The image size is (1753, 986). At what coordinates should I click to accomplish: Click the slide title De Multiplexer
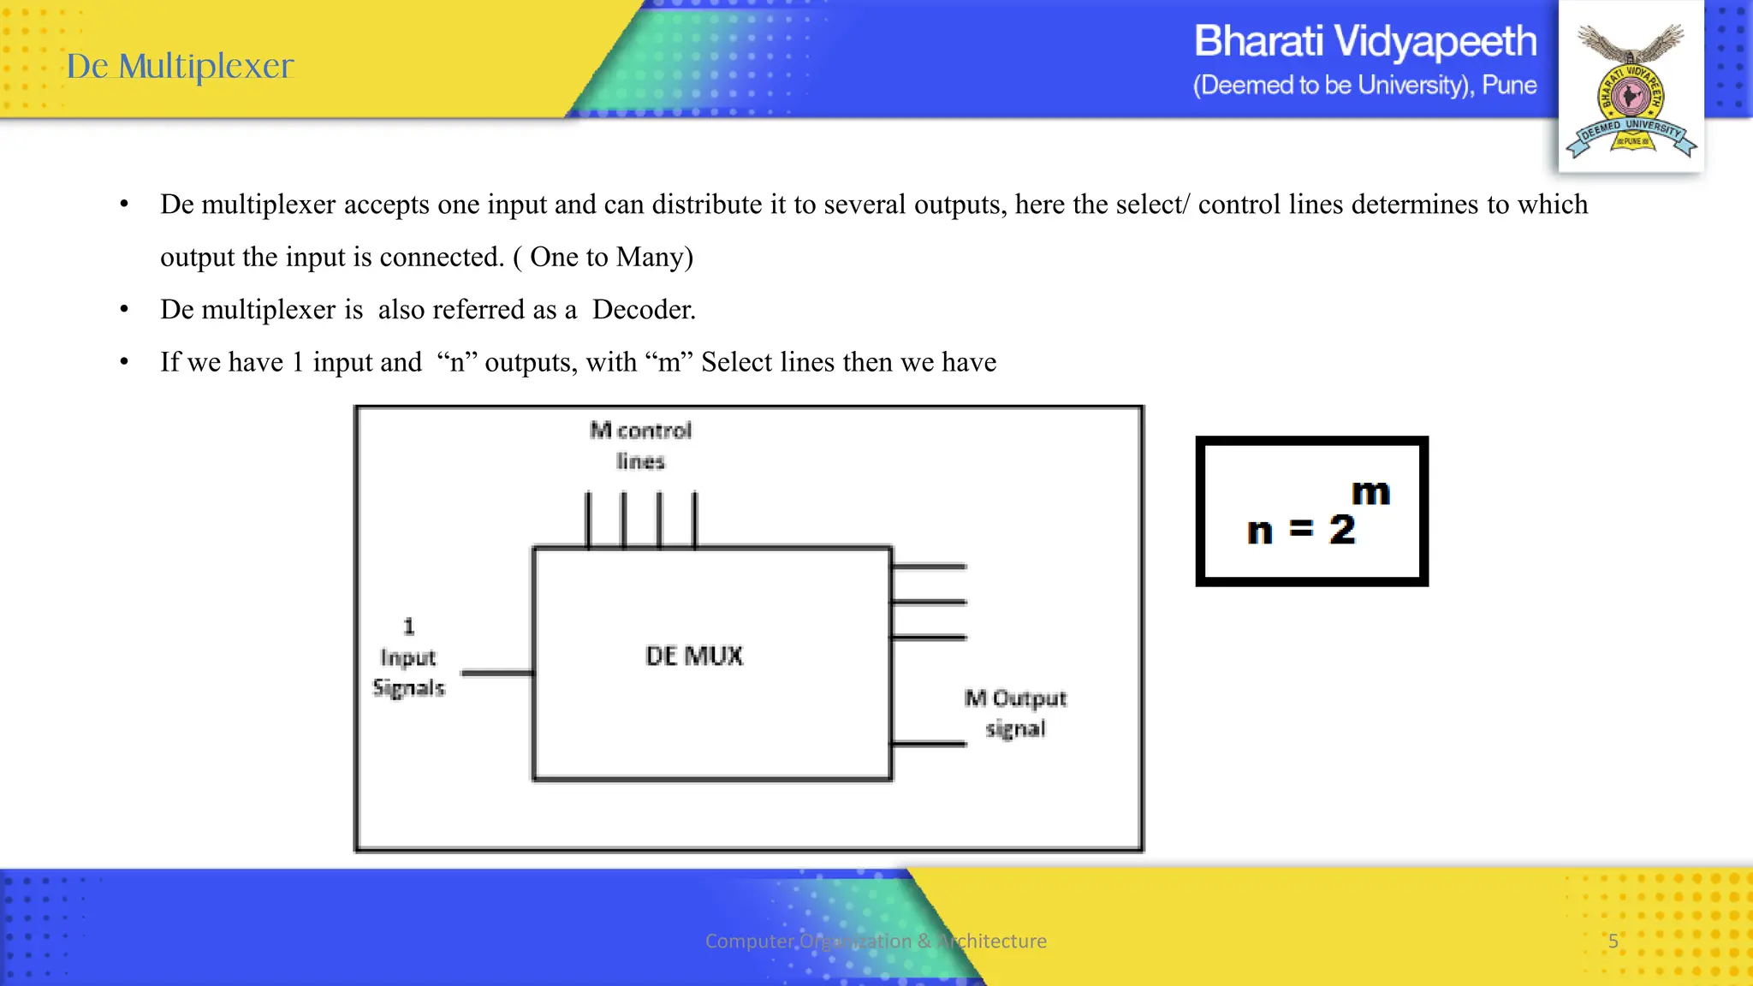click(x=181, y=66)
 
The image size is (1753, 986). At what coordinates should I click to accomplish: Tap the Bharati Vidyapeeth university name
click(x=1364, y=41)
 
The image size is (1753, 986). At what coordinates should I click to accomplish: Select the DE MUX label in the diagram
click(x=694, y=656)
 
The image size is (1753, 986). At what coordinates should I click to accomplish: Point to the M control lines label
click(x=640, y=445)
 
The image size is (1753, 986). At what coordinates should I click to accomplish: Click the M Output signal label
click(x=1015, y=713)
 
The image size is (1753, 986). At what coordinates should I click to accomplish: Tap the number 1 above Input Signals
click(x=409, y=627)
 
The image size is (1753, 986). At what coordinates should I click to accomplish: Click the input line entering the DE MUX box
click(x=497, y=673)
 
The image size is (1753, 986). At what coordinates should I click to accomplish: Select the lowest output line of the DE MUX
click(x=929, y=744)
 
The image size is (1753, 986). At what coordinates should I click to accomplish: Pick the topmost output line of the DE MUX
click(x=929, y=566)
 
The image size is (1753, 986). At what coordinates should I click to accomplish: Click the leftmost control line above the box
click(x=588, y=519)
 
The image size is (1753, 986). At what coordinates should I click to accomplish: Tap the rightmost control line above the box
click(x=694, y=519)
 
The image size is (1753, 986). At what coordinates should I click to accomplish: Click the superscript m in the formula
click(x=1370, y=493)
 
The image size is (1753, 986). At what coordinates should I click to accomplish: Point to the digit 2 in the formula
click(x=1342, y=530)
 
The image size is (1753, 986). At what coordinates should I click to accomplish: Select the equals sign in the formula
click(x=1301, y=529)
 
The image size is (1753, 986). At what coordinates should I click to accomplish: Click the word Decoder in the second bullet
click(x=643, y=309)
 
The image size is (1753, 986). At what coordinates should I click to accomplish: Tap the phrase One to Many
click(x=611, y=257)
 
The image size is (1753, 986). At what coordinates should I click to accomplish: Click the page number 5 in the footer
click(x=1613, y=941)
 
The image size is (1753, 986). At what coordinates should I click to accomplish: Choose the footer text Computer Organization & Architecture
click(x=876, y=941)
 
